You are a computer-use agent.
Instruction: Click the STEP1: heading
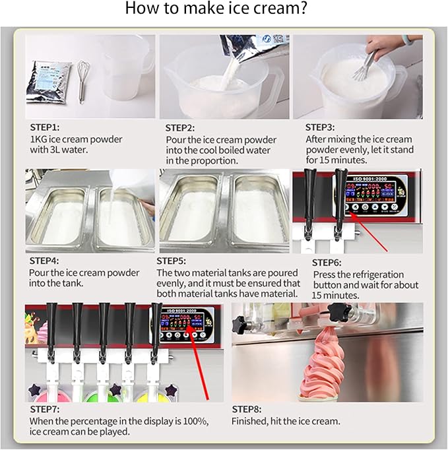[x=44, y=127]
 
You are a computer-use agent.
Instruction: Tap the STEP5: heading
[x=171, y=261]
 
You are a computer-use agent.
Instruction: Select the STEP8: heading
[x=247, y=409]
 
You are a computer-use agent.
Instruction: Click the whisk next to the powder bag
[x=83, y=82]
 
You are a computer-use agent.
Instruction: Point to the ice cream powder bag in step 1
[x=48, y=82]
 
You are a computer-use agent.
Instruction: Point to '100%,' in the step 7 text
[x=196, y=422]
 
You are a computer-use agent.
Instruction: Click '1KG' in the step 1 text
[x=38, y=139]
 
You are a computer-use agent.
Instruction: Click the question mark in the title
[x=302, y=8]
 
